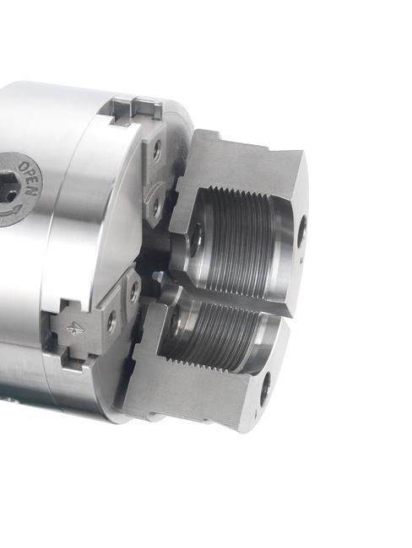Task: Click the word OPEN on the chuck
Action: (30, 178)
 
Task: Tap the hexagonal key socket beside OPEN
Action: (8, 189)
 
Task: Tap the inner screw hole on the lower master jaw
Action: (134, 291)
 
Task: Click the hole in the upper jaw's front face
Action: (302, 232)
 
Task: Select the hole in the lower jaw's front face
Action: (266, 385)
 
